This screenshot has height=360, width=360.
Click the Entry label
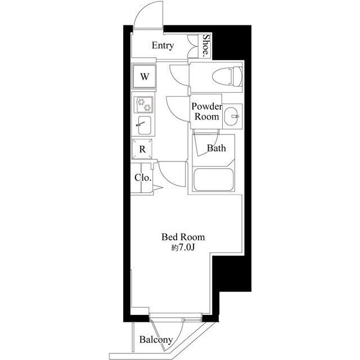pyautogui.click(x=163, y=46)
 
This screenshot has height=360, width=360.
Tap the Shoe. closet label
pyautogui.click(x=206, y=46)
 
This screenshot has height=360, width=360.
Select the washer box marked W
pyautogui.click(x=144, y=76)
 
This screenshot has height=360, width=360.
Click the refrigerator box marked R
pyautogui.click(x=143, y=149)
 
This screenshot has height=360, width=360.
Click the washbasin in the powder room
pyautogui.click(x=231, y=116)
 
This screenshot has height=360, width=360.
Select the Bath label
pyautogui.click(x=217, y=148)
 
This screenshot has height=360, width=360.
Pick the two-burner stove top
pyautogui.click(x=143, y=105)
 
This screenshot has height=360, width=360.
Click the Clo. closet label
pyautogui.click(x=143, y=177)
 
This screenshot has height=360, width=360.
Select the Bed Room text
pyautogui.click(x=183, y=237)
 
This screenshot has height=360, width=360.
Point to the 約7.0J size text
pyautogui.click(x=183, y=247)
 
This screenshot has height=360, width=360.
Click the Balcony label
pyautogui.click(x=156, y=340)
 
